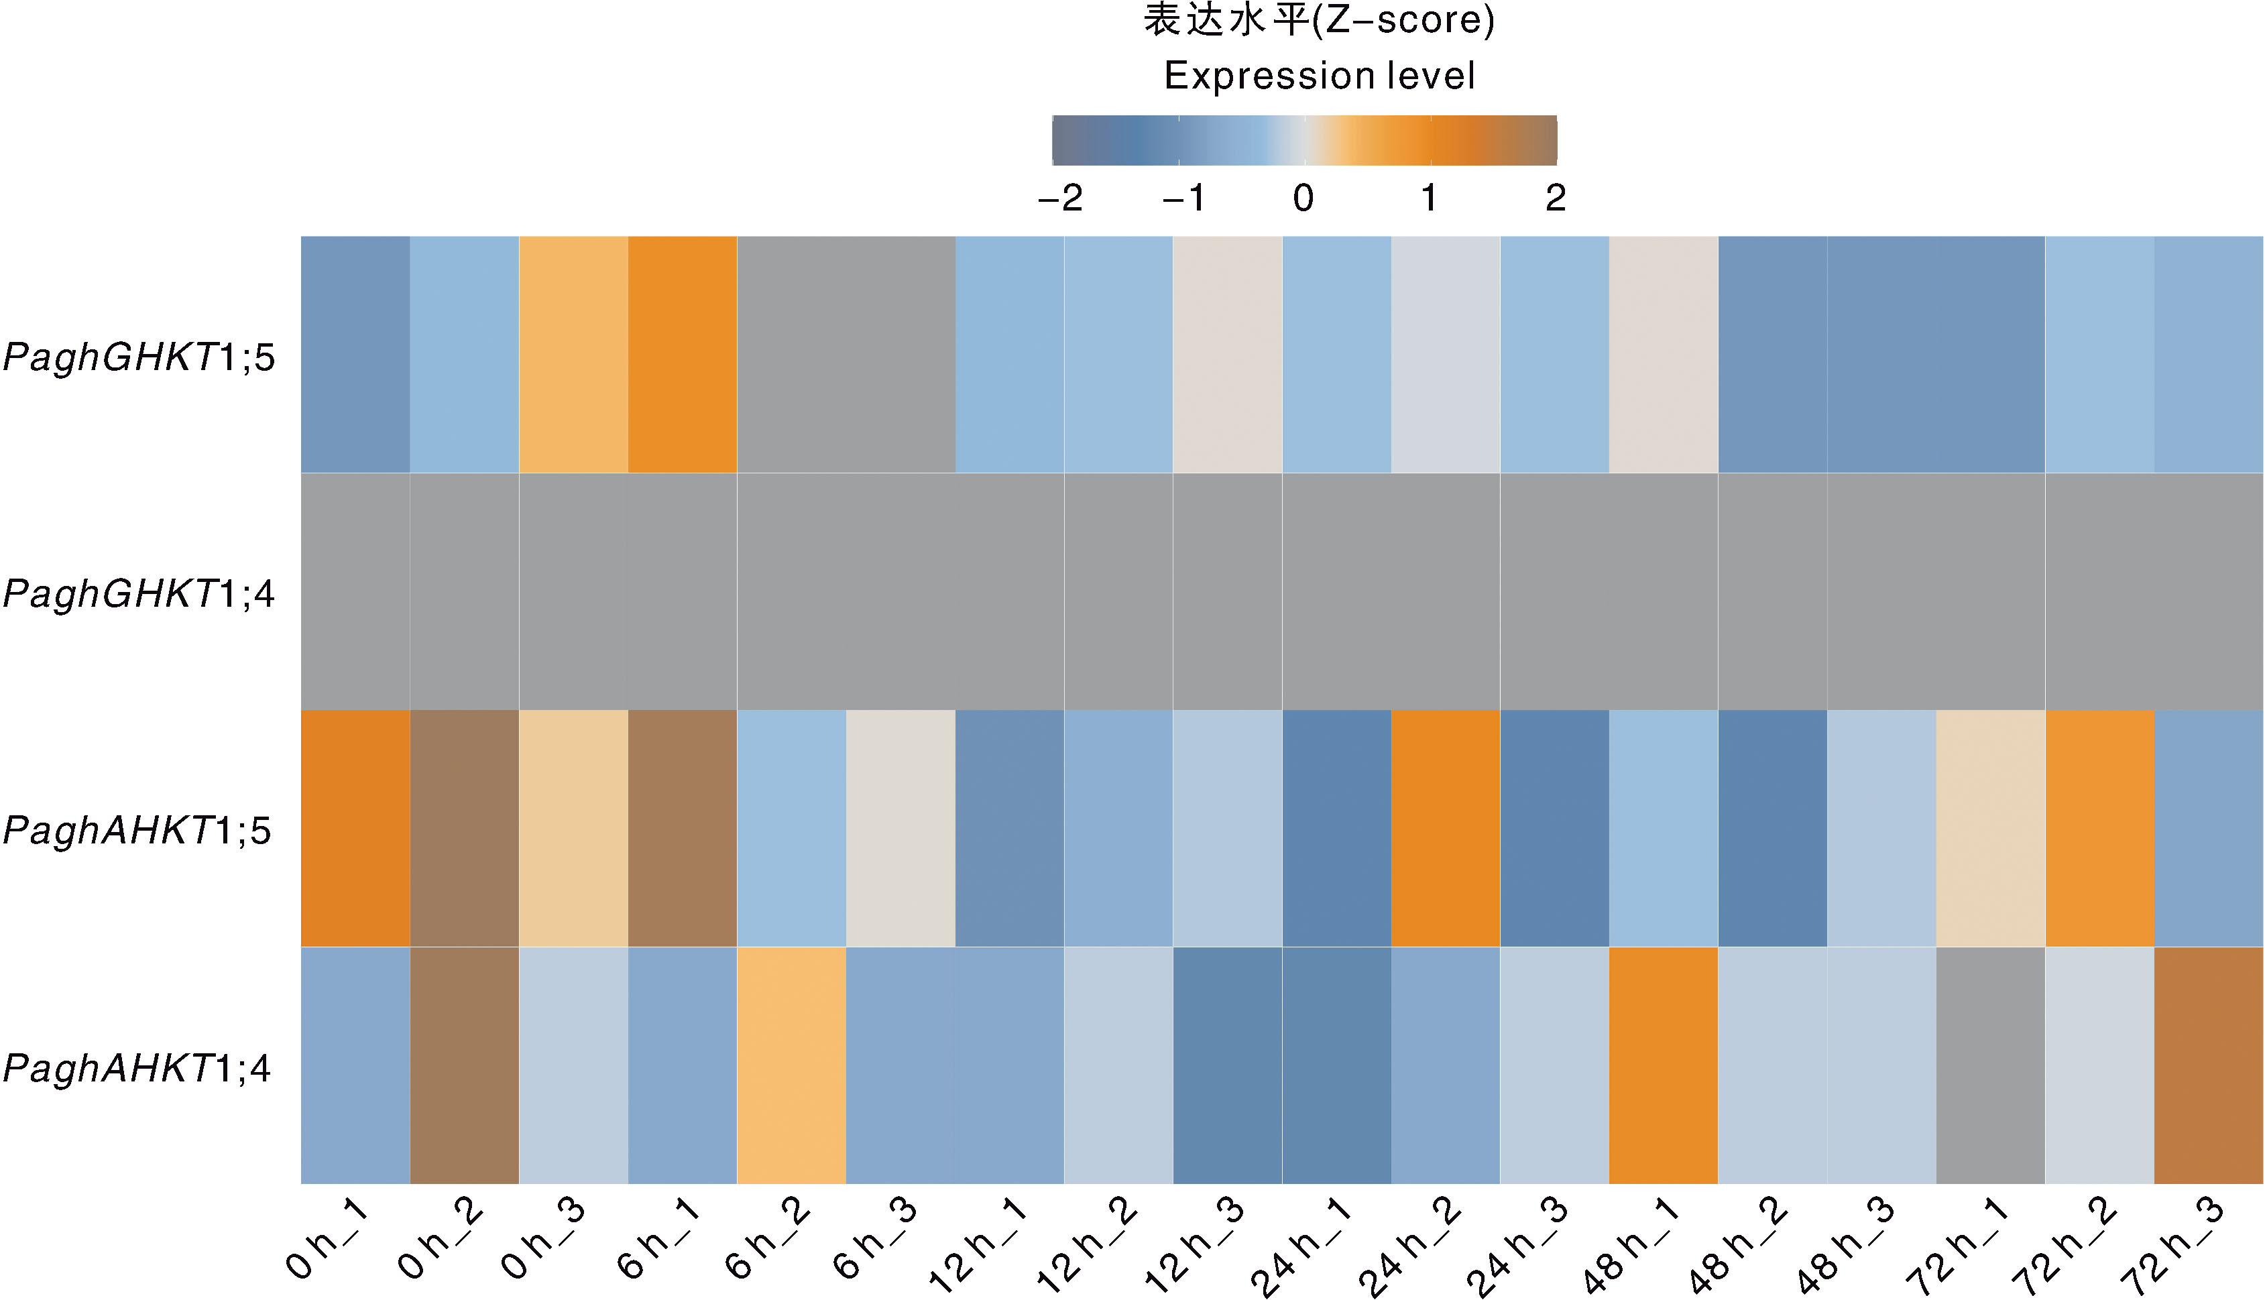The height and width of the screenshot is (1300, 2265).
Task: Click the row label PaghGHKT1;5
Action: click(x=139, y=357)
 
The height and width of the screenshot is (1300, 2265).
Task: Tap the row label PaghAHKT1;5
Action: click(x=137, y=831)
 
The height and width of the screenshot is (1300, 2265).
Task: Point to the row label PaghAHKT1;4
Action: click(x=137, y=1068)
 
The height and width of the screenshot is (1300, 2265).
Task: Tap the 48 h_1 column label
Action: click(x=1630, y=1246)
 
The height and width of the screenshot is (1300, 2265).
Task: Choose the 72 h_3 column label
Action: click(x=2174, y=1246)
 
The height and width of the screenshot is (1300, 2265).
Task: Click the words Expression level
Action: click(x=1320, y=76)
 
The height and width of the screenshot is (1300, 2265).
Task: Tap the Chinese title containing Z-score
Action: click(x=1320, y=19)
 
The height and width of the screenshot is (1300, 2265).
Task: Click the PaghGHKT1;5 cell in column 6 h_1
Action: click(x=682, y=355)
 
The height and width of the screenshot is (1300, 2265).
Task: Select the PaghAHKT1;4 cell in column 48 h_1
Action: click(x=1664, y=1065)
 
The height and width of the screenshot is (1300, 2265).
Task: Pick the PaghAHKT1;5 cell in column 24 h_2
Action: click(x=1446, y=829)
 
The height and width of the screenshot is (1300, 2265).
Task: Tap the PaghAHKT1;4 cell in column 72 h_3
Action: click(x=2209, y=1065)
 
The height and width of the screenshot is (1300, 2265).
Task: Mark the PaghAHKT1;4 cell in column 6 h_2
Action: click(x=791, y=1065)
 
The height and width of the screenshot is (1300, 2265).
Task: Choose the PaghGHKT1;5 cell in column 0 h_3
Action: click(x=573, y=355)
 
